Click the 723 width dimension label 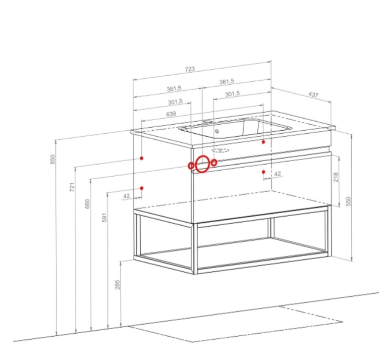click(x=190, y=69)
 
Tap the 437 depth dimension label click(x=313, y=94)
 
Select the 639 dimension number click(x=171, y=114)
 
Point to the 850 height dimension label click(x=52, y=159)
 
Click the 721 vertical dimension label click(x=72, y=187)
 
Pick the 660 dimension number click(x=87, y=203)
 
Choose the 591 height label click(x=104, y=218)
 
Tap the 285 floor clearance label click(x=117, y=285)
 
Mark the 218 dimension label click(x=336, y=177)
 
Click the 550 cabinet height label click(x=348, y=201)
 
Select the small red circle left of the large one click(x=191, y=166)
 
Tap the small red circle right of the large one click(x=214, y=163)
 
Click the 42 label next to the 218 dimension click(x=278, y=174)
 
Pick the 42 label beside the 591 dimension click(x=126, y=196)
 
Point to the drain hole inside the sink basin click(x=217, y=131)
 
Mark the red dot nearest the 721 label click(x=142, y=158)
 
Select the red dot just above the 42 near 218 click(x=263, y=172)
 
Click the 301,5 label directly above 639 click(x=176, y=102)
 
